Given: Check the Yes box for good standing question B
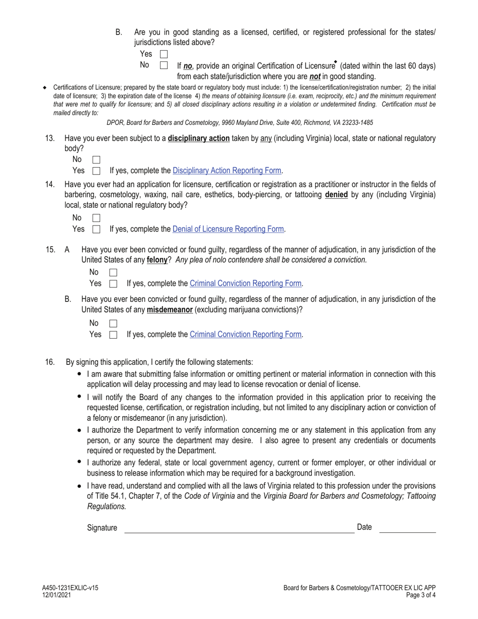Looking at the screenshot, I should [164, 54].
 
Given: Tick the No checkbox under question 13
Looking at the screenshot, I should [97, 160].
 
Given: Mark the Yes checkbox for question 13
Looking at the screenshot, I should [97, 171].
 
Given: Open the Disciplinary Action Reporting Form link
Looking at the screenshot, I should [226, 171].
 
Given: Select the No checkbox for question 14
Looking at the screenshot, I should [97, 218].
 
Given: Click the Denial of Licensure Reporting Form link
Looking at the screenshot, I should [228, 229].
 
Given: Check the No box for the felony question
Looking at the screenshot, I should [113, 272].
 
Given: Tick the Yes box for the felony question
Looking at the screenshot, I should [113, 283].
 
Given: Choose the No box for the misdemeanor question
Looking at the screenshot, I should [113, 323].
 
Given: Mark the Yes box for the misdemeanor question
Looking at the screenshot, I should [113, 334].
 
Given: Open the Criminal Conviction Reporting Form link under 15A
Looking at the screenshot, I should [246, 283].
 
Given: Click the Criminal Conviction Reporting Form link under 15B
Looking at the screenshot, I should [246, 334].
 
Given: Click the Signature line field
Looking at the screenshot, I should [239, 527].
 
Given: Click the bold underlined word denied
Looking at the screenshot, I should [336, 194].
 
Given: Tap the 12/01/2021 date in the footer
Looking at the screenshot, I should [56, 595].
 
